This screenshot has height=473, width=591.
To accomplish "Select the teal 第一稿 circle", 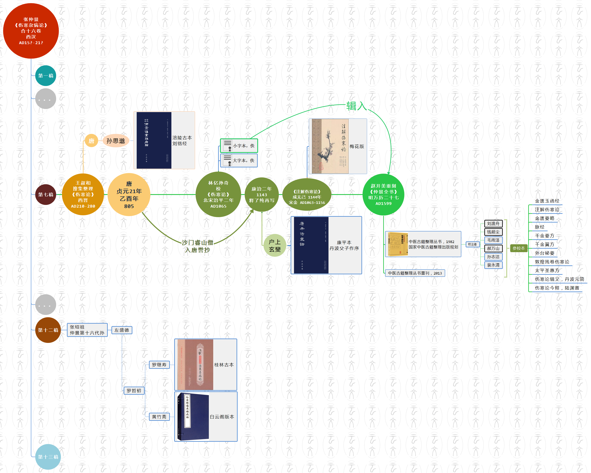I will pos(46,76).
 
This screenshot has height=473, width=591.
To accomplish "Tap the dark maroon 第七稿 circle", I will pos(46,194).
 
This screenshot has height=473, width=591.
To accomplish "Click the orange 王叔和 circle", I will pos(83,194).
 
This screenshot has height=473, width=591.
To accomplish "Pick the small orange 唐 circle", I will pos(91,141).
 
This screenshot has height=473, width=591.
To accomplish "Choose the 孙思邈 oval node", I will pos(115,141).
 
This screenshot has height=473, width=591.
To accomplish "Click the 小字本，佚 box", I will pos(239,146).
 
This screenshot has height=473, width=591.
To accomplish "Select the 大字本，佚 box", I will pos(239,160).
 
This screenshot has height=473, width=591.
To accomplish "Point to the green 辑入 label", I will pos(356,106).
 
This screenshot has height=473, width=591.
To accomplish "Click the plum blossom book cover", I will pos(330,146).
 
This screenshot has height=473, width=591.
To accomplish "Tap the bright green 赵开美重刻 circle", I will pos(383,194).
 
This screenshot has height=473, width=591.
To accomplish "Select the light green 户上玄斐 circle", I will pos(274,246).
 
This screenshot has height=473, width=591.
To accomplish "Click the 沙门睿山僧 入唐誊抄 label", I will pos(197,246).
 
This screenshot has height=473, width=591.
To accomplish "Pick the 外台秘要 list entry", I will pos(544,253).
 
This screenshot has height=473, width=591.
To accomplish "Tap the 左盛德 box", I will pos(122,330).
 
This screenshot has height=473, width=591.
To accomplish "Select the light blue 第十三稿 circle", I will pos(48,457).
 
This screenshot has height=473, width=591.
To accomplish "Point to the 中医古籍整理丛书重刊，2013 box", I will pos(415,273).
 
